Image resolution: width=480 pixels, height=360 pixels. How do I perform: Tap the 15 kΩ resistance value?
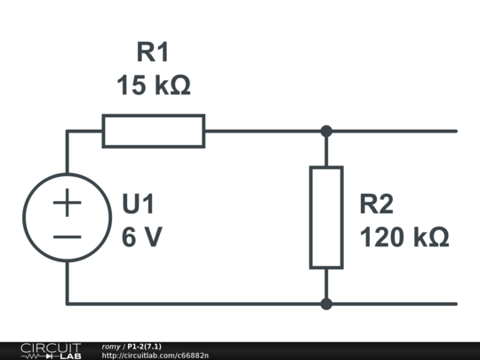pyautogui.click(x=153, y=86)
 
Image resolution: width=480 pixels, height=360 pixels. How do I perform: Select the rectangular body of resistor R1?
pyautogui.click(x=153, y=131)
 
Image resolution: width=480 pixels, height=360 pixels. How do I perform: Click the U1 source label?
pyautogui.click(x=139, y=204)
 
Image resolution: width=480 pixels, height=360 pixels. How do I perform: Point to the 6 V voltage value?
pyautogui.click(x=141, y=237)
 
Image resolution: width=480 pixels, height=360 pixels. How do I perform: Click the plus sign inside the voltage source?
pyautogui.click(x=67, y=203)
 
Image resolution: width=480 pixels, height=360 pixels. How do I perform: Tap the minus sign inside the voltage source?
pyautogui.click(x=67, y=236)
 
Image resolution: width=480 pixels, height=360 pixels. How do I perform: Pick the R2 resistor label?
pyautogui.click(x=376, y=204)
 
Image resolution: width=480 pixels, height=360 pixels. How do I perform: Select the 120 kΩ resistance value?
pyautogui.click(x=403, y=237)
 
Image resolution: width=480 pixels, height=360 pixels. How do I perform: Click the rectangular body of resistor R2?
pyautogui.click(x=326, y=217)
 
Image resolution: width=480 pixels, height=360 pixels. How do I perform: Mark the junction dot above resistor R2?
pyautogui.click(x=326, y=131)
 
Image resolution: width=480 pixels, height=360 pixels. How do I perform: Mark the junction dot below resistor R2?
pyautogui.click(x=326, y=303)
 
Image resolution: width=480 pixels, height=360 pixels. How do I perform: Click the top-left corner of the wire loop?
pyautogui.click(x=67, y=131)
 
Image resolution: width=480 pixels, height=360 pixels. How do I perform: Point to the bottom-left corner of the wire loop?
pyautogui.click(x=67, y=303)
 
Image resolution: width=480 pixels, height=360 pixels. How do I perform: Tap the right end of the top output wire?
pyautogui.click(x=455, y=131)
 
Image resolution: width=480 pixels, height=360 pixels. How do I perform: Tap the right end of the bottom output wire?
pyautogui.click(x=455, y=303)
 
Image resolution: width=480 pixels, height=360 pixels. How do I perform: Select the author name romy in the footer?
pyautogui.click(x=111, y=346)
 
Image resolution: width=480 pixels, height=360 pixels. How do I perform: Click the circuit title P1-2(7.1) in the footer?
pyautogui.click(x=144, y=346)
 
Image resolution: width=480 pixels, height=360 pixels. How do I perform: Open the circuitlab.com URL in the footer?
pyautogui.click(x=156, y=356)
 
